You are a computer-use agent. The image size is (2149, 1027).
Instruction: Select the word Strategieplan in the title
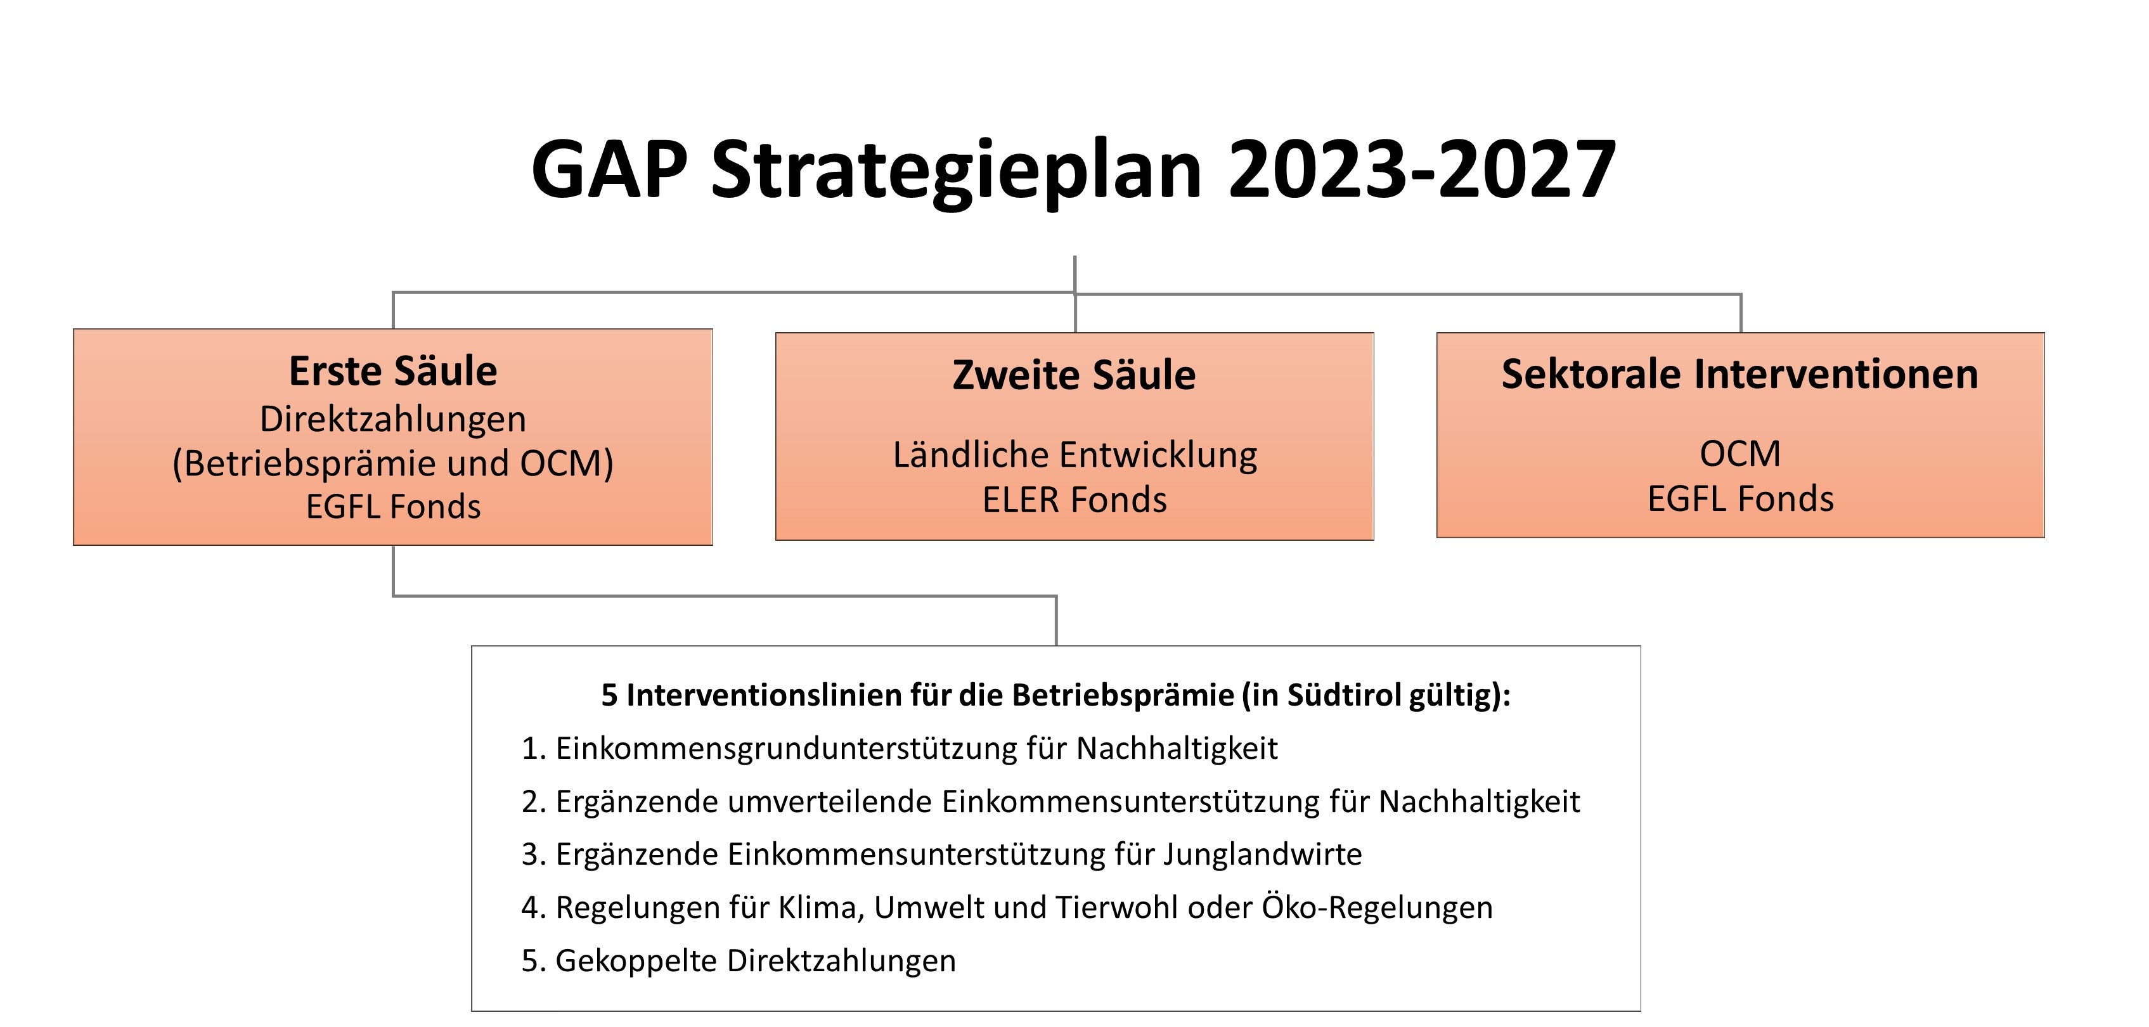click(956, 171)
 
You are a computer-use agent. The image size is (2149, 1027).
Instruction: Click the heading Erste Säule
click(393, 371)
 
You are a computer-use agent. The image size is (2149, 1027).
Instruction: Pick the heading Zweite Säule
click(1074, 375)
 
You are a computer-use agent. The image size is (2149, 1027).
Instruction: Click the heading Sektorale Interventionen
click(1739, 374)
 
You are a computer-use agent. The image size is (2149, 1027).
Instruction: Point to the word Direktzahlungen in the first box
click(393, 419)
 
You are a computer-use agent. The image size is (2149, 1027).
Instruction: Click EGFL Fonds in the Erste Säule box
click(393, 507)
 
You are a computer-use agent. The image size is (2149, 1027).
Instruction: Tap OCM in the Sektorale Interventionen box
click(1740, 455)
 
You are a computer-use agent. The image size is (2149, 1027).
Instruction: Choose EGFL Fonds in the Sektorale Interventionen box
click(1740, 499)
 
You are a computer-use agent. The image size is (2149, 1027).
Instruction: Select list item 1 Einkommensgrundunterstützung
click(900, 748)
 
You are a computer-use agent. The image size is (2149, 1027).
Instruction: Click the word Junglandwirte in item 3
click(1262, 855)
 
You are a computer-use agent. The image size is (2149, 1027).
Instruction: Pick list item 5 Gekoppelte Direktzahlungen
click(739, 961)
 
